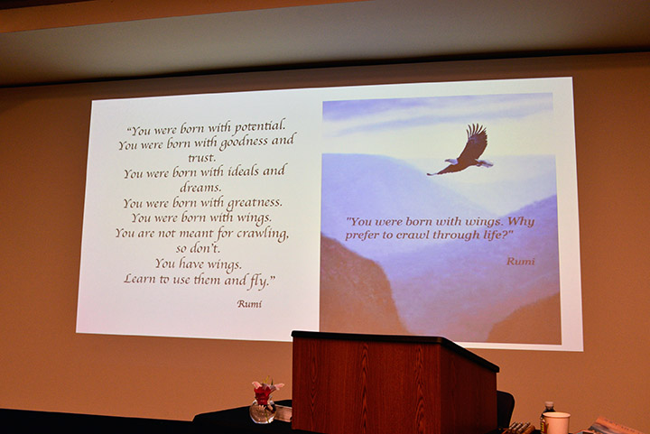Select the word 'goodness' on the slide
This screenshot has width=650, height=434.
pos(244,143)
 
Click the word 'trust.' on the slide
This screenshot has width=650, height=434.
pos(201,158)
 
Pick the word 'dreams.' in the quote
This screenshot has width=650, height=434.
pos(200,188)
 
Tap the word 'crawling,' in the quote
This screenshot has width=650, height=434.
pos(263,234)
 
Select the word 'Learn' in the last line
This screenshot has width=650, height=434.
pos(139,278)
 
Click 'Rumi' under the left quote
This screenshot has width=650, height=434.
pos(249,304)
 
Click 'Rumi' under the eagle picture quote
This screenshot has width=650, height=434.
pos(521,262)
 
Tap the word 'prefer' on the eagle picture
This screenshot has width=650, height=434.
pos(360,235)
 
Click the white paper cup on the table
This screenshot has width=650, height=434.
pos(556,423)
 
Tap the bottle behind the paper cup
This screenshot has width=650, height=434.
pos(546,415)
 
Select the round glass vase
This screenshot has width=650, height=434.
pos(263,412)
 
